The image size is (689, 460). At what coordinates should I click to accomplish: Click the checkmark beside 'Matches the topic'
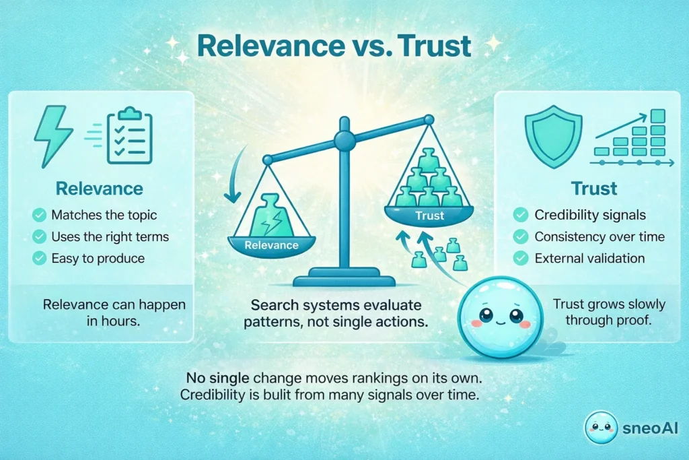(39, 216)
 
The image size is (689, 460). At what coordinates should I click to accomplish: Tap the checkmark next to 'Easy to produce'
(39, 258)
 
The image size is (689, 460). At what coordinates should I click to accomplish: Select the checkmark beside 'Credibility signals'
(520, 215)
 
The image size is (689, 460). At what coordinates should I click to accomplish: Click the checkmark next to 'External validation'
(520, 258)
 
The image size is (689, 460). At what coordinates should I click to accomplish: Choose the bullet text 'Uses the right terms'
(110, 237)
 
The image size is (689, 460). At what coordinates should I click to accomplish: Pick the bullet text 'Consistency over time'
(600, 236)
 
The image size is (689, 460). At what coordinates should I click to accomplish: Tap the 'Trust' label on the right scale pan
(429, 216)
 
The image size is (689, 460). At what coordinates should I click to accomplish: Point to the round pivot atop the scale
(344, 140)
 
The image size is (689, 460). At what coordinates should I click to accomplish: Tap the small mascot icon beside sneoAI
(601, 427)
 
